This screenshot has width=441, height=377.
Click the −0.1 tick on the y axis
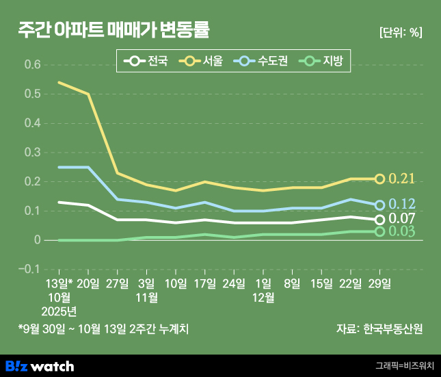coord(29,269)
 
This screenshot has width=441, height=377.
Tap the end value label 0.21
coord(402,179)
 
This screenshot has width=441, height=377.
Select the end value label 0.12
coord(402,205)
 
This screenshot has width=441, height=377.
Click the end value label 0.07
coord(402,219)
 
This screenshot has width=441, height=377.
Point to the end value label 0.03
coord(402,232)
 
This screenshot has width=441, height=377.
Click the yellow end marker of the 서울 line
coord(380,179)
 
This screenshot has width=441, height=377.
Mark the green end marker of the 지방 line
coord(380,232)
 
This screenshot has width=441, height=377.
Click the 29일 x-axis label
coord(380,283)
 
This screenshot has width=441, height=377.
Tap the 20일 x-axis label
coord(88,283)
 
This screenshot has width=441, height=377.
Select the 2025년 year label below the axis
coord(59,311)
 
